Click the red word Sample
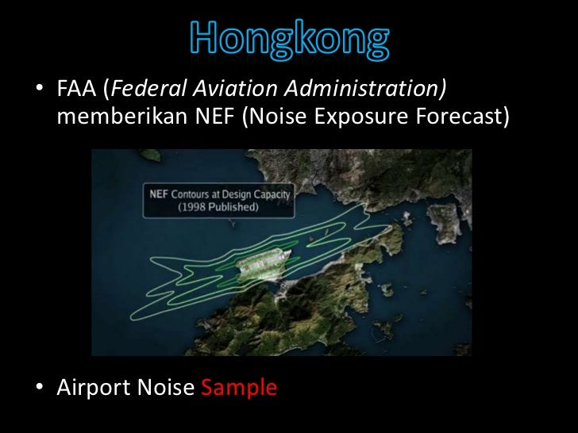coord(239,388)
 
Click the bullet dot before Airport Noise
coord(39,389)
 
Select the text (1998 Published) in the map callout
coord(220,207)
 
